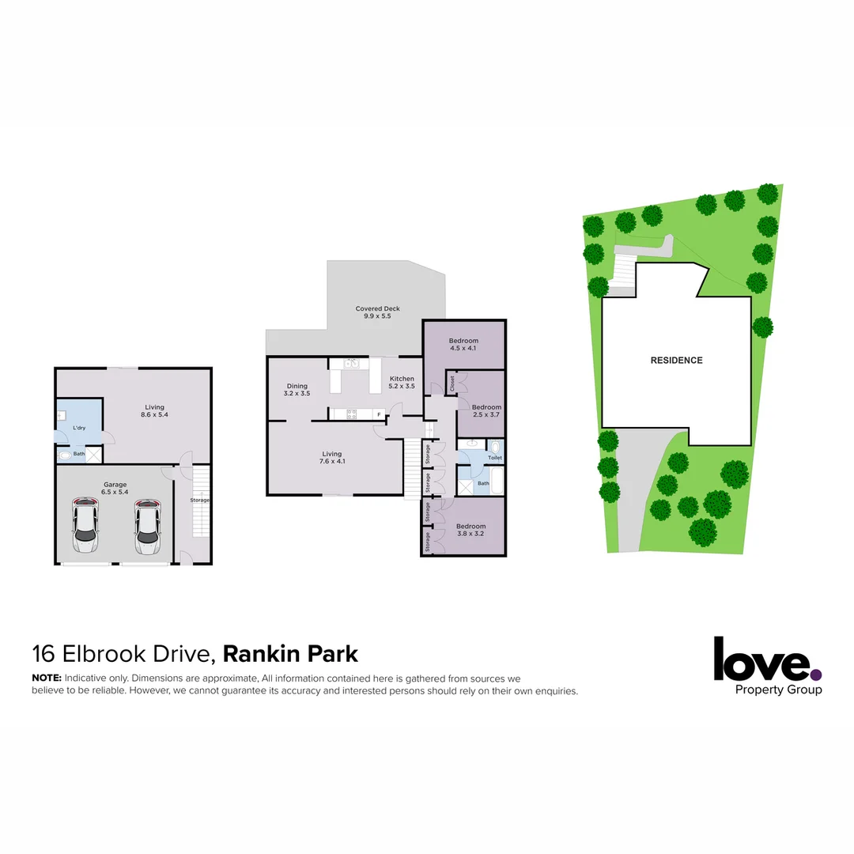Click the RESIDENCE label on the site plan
point(676,361)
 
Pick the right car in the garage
point(146,526)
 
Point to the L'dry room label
point(78,428)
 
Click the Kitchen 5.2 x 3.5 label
point(402,383)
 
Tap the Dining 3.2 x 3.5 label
point(297,389)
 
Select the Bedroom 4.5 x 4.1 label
point(463,345)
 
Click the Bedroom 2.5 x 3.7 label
point(486,411)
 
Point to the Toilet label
point(495,458)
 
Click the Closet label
point(452,384)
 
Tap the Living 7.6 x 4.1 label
point(331,458)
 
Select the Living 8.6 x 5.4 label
point(154,411)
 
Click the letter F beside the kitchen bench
point(379,414)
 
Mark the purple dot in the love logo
point(816,675)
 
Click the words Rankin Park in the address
point(290,654)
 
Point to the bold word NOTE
point(46,678)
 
